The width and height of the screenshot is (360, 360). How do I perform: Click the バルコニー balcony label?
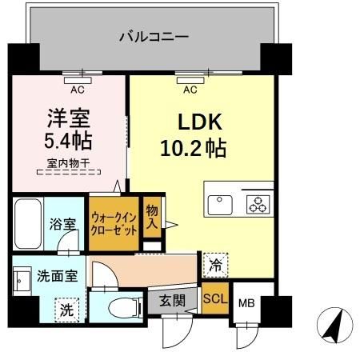[x=154, y=36]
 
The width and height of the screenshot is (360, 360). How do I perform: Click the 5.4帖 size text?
[x=67, y=142]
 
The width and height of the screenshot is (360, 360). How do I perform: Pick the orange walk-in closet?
[x=114, y=220]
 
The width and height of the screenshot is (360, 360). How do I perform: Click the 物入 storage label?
[x=151, y=216]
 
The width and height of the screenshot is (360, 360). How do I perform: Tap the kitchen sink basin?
[x=220, y=205]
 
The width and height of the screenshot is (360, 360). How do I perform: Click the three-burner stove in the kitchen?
[x=258, y=205]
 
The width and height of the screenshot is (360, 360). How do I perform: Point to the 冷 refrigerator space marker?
[x=215, y=262]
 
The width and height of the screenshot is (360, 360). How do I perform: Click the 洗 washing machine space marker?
[x=70, y=308]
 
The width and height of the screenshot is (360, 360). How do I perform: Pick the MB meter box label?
[x=246, y=303]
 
